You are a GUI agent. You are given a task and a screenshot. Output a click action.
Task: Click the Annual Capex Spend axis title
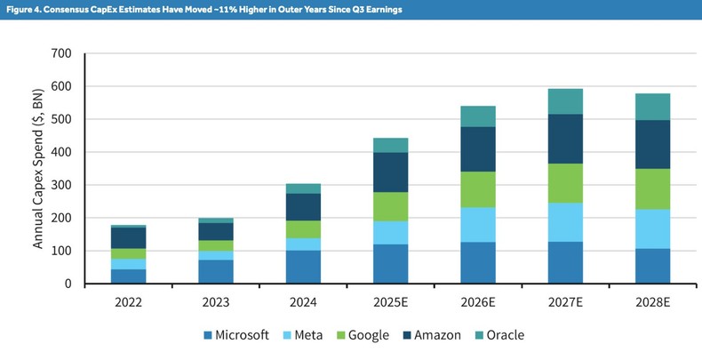[38, 169]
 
